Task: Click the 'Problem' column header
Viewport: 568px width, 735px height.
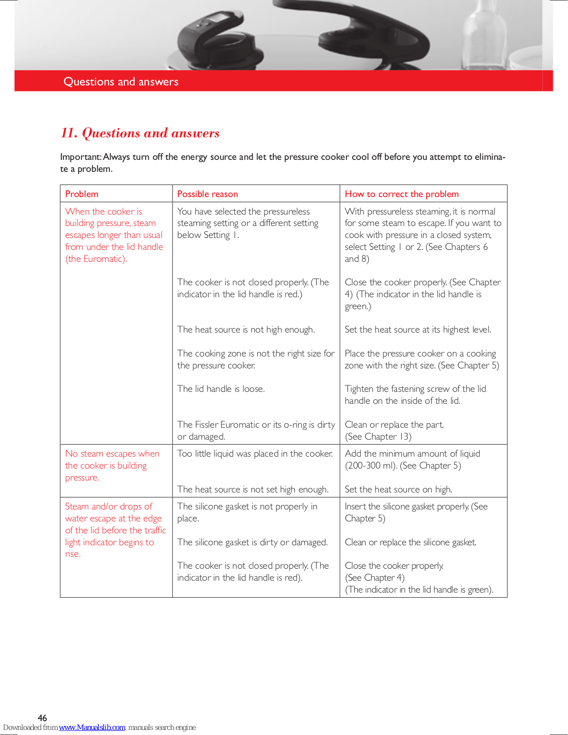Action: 82,194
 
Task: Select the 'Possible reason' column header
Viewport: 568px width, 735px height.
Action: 208,194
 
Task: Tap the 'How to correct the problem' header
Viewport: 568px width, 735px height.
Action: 401,194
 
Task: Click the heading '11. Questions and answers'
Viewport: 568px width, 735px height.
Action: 140,133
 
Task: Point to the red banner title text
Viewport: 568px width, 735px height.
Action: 121,82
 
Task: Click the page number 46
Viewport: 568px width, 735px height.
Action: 42,718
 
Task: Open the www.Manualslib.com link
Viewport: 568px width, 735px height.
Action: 92,727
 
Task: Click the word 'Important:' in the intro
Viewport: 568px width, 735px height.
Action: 81,157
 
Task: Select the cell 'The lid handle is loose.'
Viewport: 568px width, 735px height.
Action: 221,389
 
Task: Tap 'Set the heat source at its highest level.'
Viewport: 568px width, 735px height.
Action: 418,329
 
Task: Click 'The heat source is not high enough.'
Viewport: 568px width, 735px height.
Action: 246,329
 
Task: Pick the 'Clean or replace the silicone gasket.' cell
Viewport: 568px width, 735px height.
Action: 411,542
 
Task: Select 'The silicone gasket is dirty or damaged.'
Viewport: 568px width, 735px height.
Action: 252,542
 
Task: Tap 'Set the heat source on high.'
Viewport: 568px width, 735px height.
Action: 398,489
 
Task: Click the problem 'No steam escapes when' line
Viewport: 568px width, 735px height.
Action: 112,453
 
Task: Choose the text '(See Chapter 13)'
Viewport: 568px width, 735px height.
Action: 378,436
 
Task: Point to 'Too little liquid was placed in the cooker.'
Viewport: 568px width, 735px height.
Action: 255,453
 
